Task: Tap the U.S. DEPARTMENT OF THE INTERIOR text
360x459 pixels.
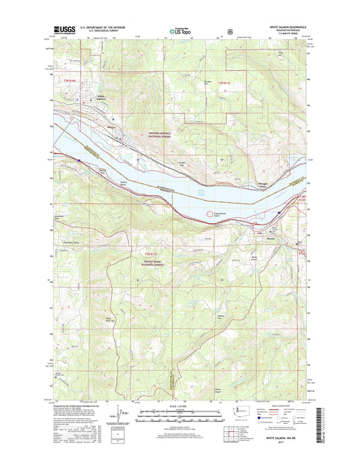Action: tap(103, 27)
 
